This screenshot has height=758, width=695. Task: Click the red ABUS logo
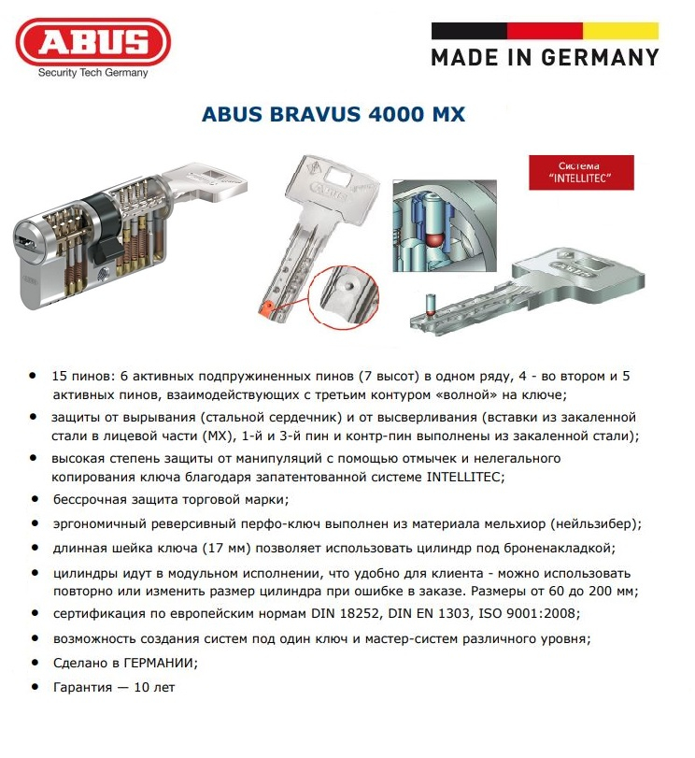tap(92, 42)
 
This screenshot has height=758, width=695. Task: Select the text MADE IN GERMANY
tap(545, 57)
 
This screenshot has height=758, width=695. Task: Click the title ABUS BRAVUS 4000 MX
tap(333, 116)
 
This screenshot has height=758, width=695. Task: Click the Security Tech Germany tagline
tap(92, 73)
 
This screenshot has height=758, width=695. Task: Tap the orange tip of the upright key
tap(264, 307)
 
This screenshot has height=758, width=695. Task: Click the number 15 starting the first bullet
tap(61, 375)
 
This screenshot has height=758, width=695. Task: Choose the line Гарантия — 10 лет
tap(114, 687)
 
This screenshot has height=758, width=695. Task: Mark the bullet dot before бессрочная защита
tap(35, 499)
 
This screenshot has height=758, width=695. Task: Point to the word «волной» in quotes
tap(460, 394)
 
